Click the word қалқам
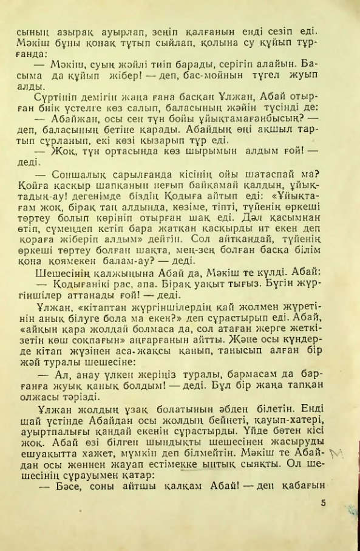click(x=176, y=487)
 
